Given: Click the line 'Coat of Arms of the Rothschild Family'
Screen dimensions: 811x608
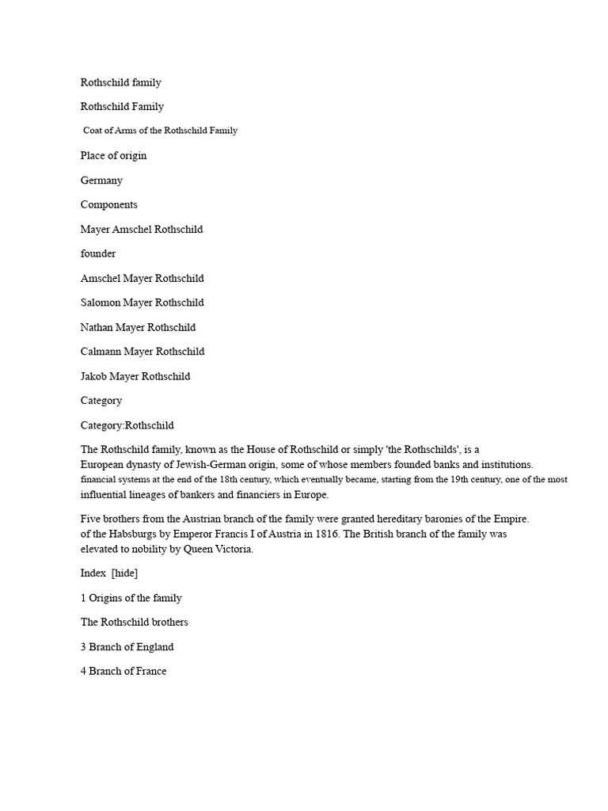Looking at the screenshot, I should click(160, 131).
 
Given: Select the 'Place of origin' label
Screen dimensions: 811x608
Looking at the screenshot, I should click(113, 155).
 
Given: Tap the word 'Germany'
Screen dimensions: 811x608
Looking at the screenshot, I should click(101, 180).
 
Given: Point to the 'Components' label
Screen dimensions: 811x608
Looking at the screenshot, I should click(109, 204).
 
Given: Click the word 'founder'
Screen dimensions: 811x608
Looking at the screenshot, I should click(98, 253).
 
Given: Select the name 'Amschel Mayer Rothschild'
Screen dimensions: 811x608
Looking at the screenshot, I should click(142, 278).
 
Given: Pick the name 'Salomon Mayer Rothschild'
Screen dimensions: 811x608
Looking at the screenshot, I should click(142, 303).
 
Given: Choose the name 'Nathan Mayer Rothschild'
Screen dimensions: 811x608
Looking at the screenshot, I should click(138, 327).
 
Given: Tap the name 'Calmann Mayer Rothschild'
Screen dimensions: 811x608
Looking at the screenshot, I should click(142, 352).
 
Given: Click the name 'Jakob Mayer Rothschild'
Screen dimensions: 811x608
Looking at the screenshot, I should click(135, 376).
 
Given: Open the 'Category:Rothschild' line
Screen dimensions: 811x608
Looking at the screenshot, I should click(127, 425).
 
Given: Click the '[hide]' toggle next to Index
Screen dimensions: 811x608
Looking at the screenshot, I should click(125, 573).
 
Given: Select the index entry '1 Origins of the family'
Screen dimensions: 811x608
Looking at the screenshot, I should click(131, 598).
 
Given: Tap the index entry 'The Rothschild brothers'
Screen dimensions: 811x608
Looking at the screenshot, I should click(134, 623).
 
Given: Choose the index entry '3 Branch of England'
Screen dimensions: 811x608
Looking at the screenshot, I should click(127, 647).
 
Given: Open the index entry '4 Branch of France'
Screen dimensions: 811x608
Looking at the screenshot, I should click(123, 672).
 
